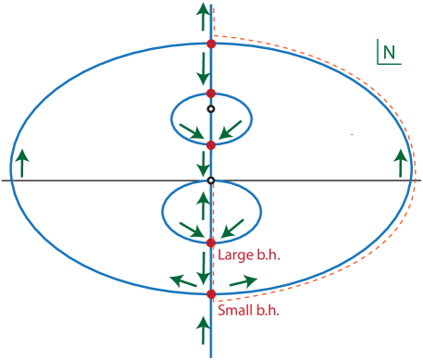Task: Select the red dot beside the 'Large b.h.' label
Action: pos(211,243)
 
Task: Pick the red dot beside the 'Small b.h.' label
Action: pos(211,294)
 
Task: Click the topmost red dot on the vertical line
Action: pos(211,43)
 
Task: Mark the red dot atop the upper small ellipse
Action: pos(211,93)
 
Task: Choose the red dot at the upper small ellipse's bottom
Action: pos(211,144)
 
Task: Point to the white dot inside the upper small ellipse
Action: pos(211,109)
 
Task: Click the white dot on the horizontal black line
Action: pos(211,180)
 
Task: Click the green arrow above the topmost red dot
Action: pos(203,17)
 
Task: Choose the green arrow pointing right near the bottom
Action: pos(243,281)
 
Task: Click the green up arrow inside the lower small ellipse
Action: pos(203,204)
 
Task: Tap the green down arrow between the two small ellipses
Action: pos(203,164)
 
